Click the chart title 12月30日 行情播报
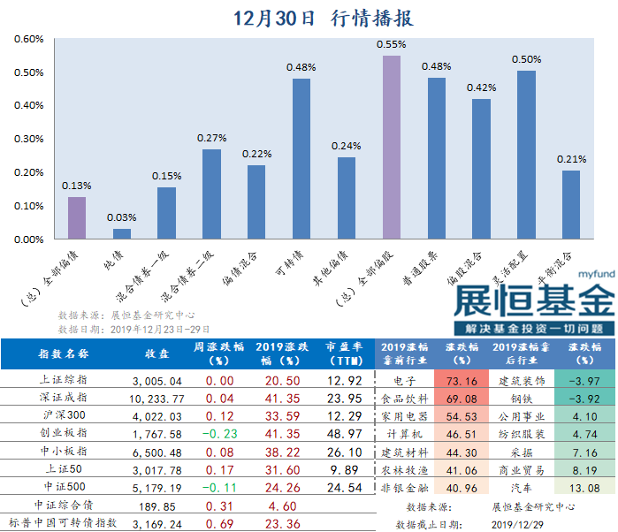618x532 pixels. coord(323,19)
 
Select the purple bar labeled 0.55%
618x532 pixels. coord(391,147)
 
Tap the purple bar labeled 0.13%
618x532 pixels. coord(77,217)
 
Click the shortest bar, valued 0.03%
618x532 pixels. coord(122,233)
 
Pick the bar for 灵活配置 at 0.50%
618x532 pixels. coord(526,155)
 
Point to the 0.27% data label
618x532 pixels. coord(211,138)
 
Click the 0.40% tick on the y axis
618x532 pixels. coord(29,105)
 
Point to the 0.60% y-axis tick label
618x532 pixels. coord(29,39)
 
